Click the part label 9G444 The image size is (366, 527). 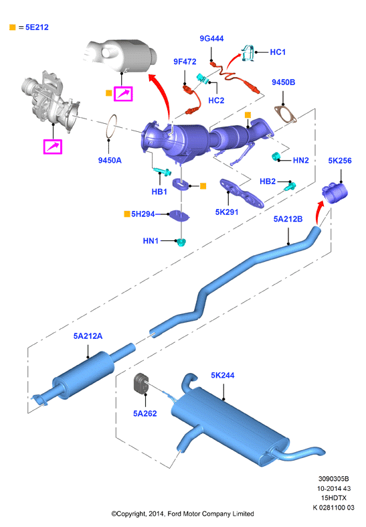[x=211, y=39]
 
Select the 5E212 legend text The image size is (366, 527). [x=37, y=27]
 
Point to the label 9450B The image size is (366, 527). [x=284, y=82]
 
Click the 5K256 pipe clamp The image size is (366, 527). [x=335, y=194]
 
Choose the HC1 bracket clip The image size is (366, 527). [x=248, y=53]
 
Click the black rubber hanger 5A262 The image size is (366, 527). [x=140, y=382]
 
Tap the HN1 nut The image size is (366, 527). [x=181, y=242]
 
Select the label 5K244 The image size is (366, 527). [x=223, y=376]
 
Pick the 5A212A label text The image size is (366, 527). [x=88, y=336]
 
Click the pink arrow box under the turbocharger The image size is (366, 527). [x=53, y=147]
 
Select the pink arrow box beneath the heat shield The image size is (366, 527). [x=123, y=94]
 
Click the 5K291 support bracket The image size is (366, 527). [x=241, y=193]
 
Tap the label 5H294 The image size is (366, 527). [x=143, y=214]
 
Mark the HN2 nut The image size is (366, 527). [x=276, y=156]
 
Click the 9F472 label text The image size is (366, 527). [x=185, y=62]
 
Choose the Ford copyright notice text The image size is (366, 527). [x=183, y=514]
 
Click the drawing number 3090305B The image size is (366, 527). [x=333, y=479]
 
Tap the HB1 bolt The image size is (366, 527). [x=163, y=171]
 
